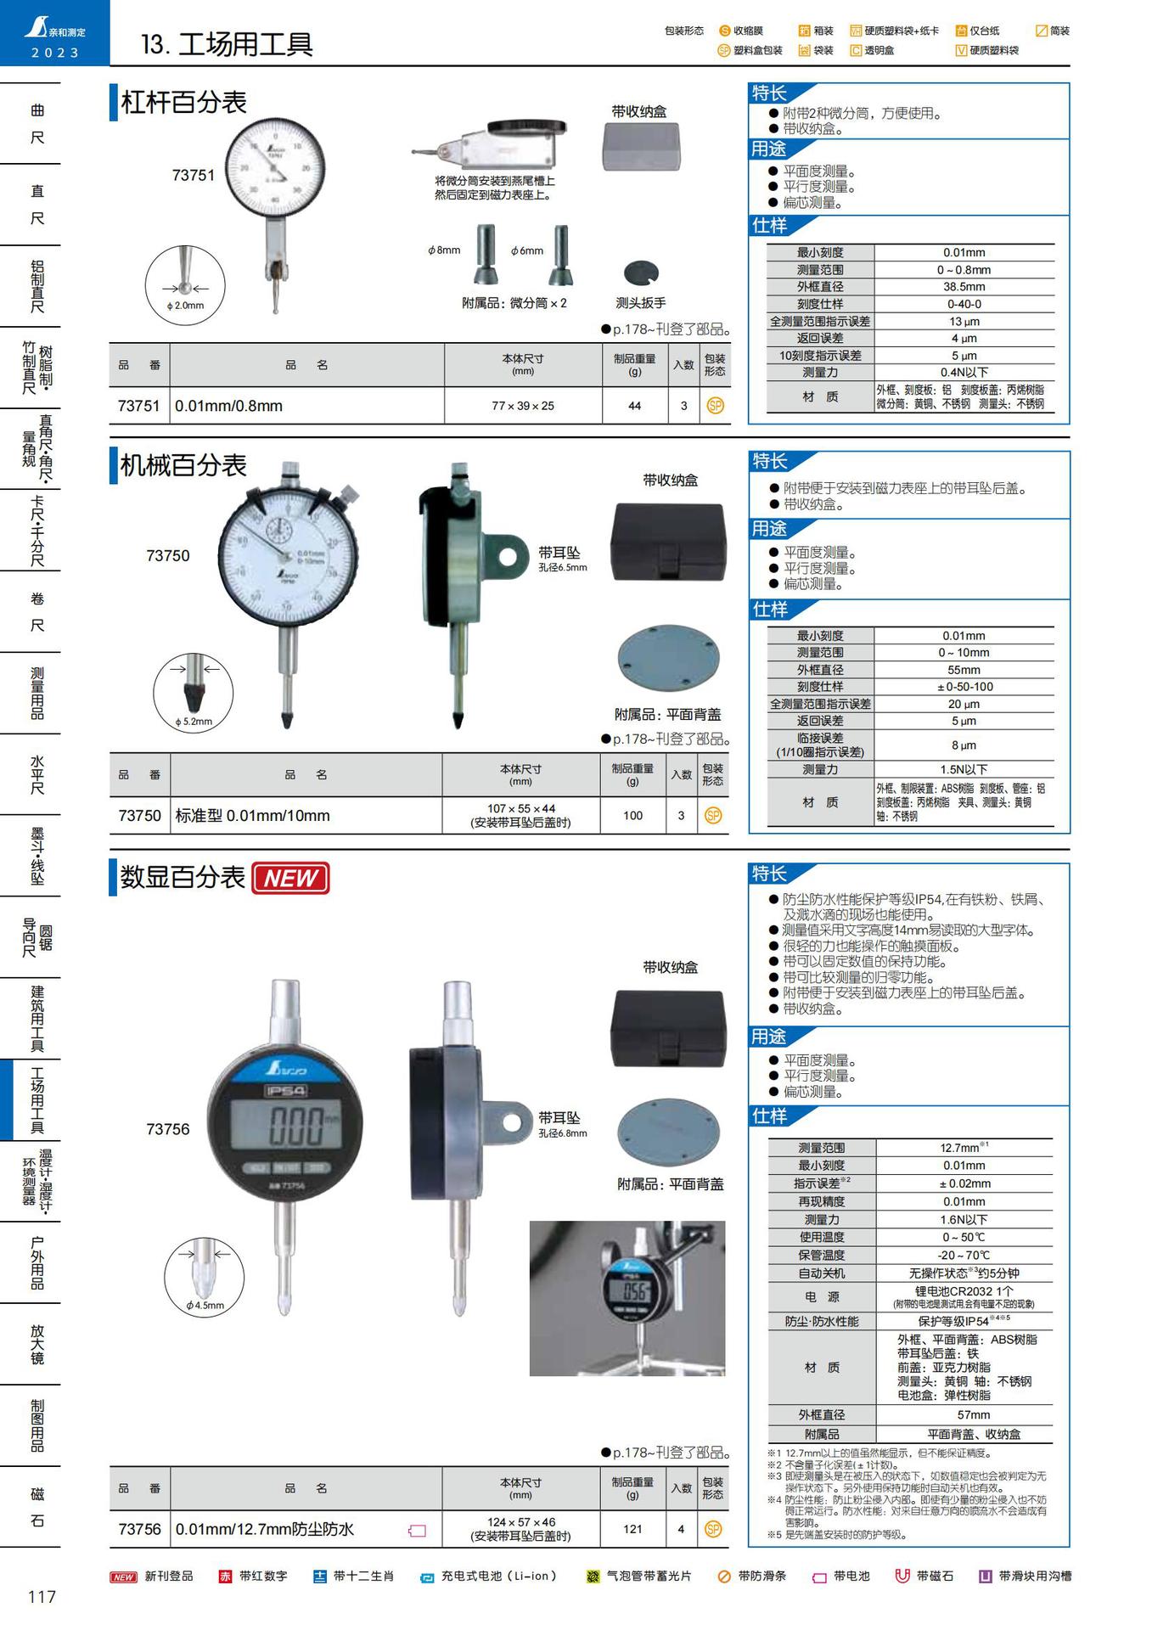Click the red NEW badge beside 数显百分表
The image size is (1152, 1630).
290,879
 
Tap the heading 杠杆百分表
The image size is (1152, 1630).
184,103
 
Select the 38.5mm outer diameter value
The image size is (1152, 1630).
964,287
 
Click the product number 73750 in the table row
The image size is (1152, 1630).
139,816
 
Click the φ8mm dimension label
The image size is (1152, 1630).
444,250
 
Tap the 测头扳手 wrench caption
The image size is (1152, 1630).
640,303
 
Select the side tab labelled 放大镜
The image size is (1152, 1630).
37,1344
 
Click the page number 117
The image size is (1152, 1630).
42,1597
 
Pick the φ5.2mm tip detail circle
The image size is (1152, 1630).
194,693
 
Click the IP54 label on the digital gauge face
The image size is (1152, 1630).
285,1091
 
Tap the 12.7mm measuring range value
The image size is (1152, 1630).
963,1148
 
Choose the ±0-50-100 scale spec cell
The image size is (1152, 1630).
964,687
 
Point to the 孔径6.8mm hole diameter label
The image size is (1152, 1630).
563,1133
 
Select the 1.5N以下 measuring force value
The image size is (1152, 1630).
964,769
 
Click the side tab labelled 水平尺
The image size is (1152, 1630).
37,774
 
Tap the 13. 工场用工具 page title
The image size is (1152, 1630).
227,44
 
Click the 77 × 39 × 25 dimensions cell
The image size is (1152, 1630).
523,406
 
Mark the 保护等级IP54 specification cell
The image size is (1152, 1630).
963,1321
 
